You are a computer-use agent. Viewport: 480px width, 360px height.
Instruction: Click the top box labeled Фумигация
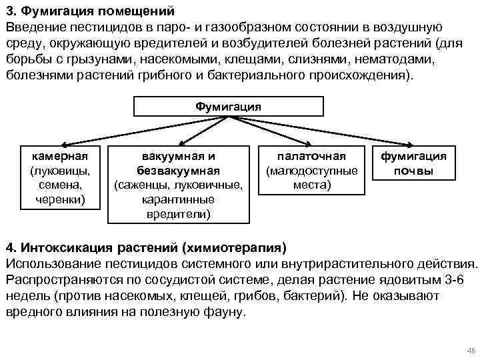coord(229,107)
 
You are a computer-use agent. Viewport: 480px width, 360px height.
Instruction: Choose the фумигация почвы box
coord(413,163)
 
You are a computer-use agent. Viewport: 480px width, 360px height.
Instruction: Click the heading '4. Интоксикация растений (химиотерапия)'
coord(145,248)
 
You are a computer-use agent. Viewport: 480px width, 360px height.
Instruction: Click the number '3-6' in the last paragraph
coord(455,280)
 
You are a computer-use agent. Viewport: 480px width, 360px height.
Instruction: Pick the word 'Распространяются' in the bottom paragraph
coord(61,280)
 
